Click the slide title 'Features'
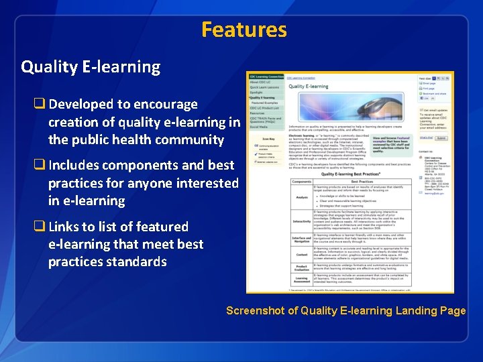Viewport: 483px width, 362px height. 244,30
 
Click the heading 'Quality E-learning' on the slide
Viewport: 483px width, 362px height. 91,67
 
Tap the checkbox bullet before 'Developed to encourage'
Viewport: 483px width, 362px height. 40,105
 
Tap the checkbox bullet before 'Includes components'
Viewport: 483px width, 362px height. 40,166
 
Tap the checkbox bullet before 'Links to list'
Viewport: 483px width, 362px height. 40,227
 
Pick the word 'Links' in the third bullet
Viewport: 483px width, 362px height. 66,227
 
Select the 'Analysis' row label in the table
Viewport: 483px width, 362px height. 302,197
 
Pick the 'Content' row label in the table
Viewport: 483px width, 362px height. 302,254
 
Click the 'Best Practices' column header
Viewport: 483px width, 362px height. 362,182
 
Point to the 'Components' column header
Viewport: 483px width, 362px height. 302,182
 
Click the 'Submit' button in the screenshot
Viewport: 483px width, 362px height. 441,137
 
